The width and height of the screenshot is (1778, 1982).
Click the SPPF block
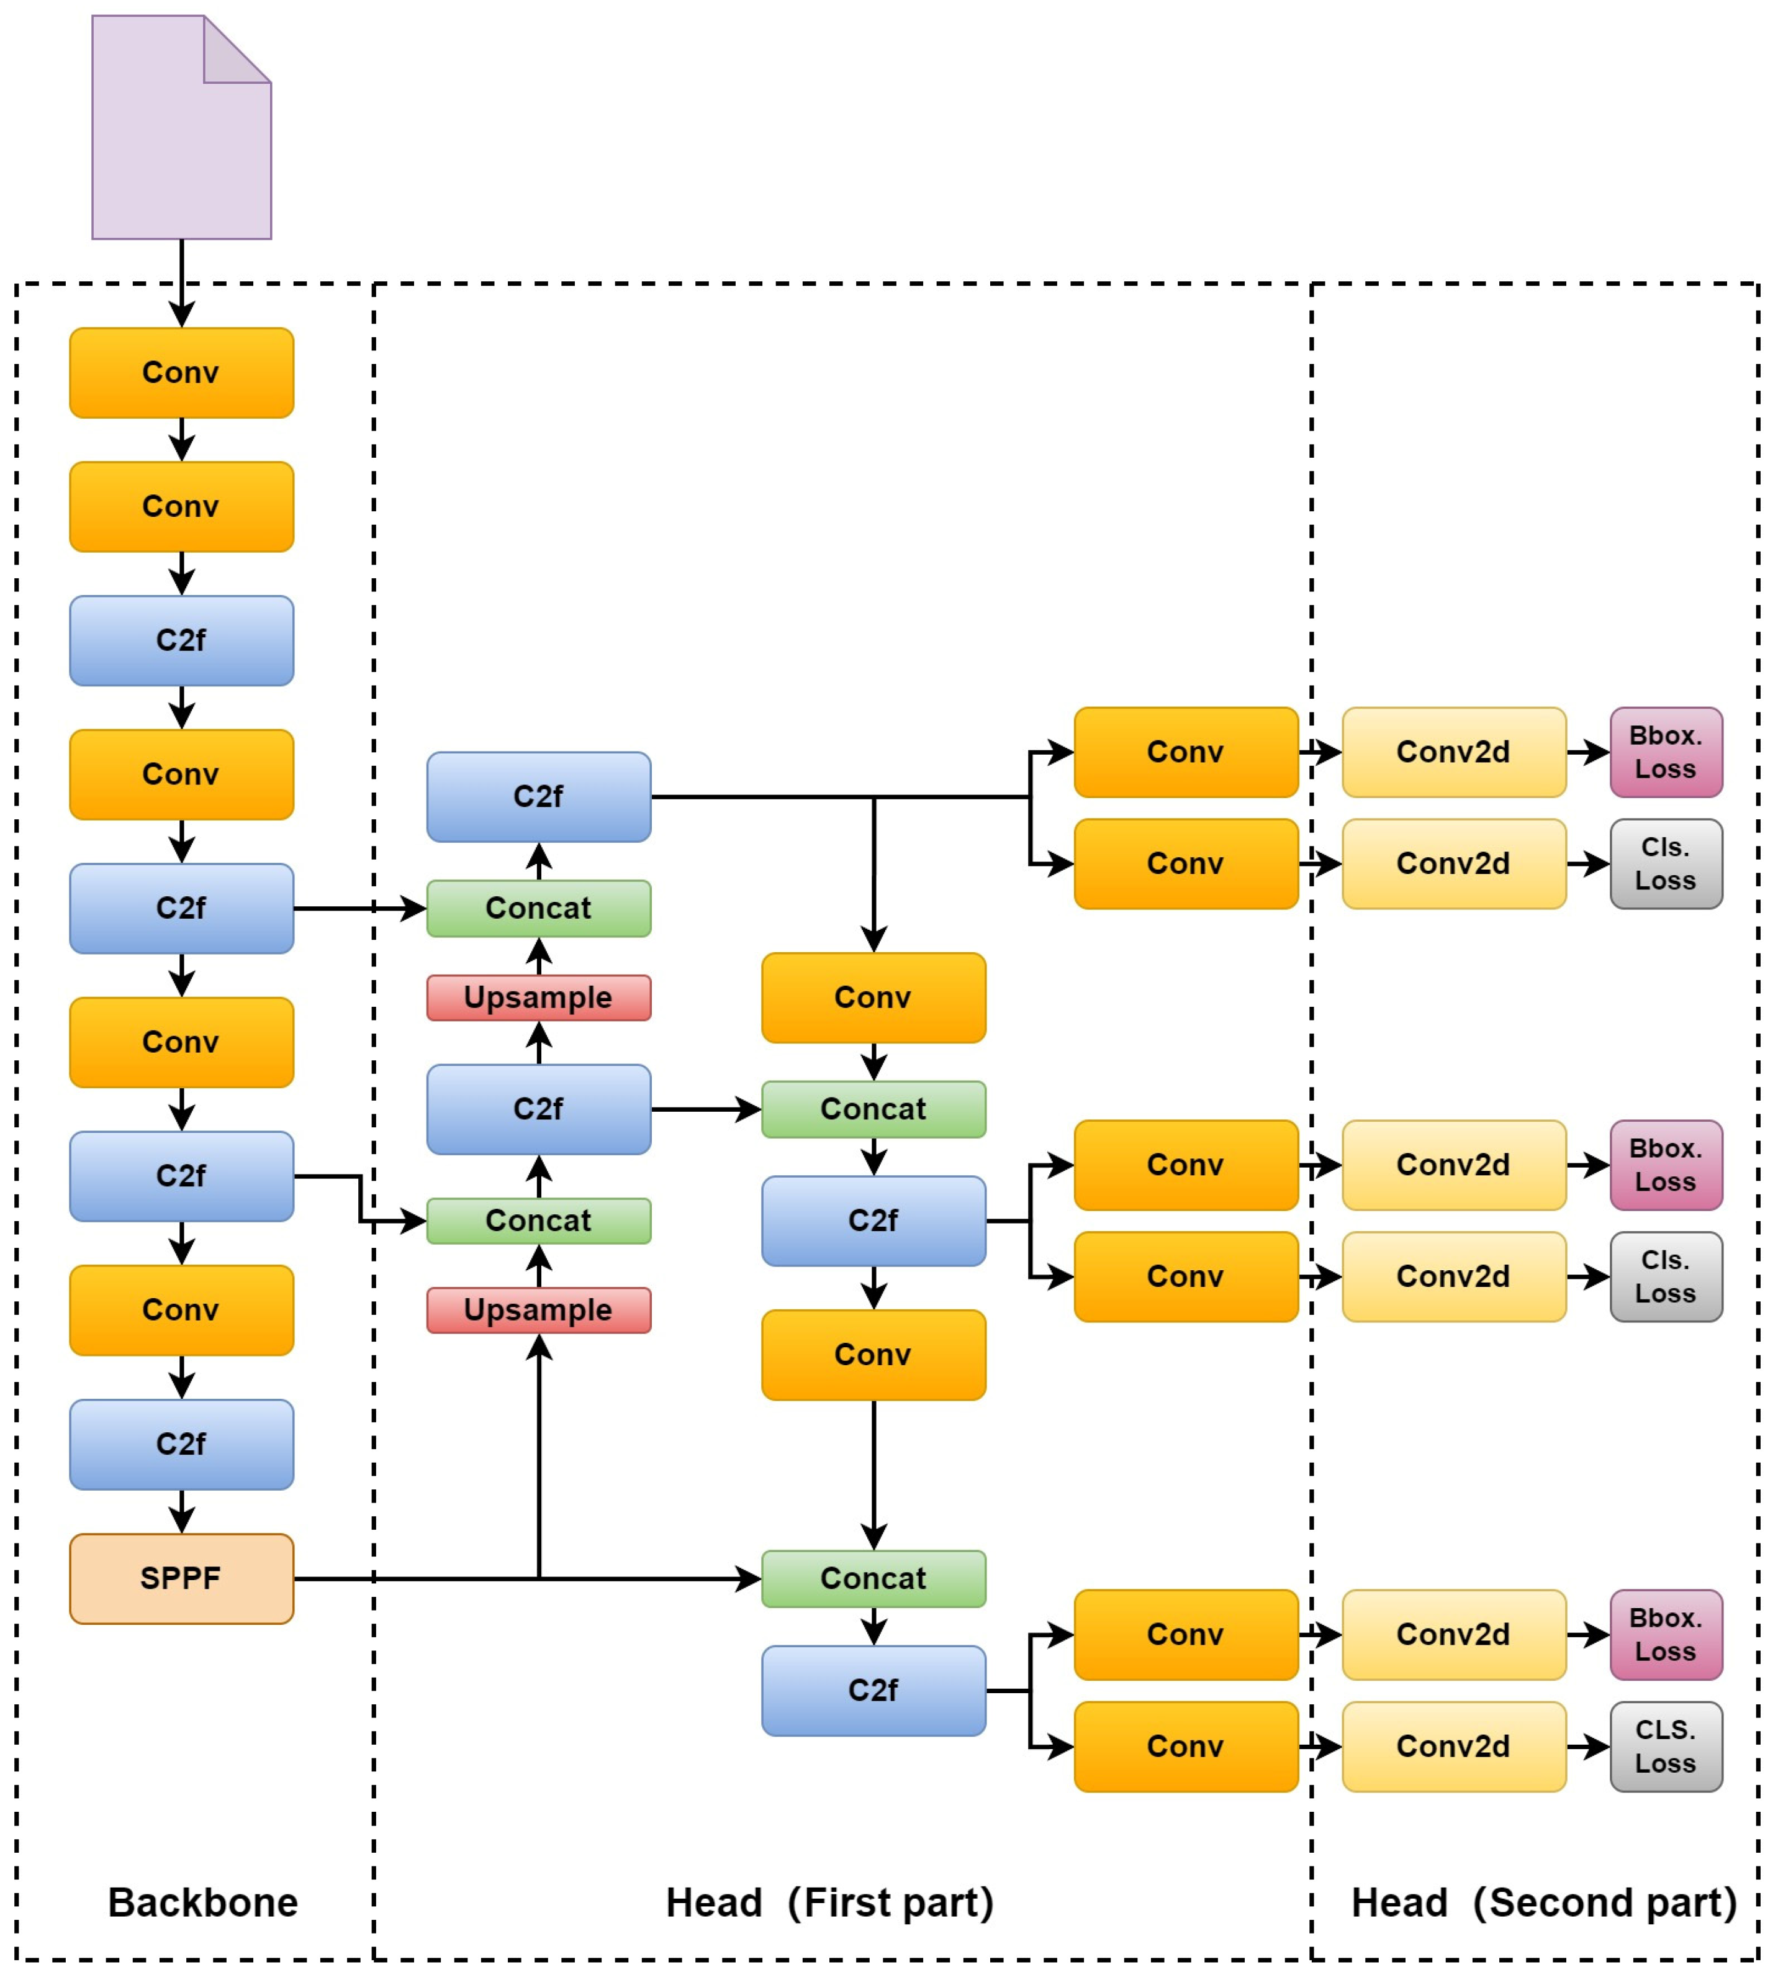[181, 1578]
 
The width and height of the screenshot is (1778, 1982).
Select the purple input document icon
[181, 127]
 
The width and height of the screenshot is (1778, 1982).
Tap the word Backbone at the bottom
[202, 1903]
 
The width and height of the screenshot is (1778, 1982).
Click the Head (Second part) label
[1543, 1903]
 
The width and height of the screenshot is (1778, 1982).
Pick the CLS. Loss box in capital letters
[1666, 1747]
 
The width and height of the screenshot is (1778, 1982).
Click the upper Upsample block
[538, 998]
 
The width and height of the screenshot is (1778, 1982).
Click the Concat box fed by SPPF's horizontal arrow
[873, 1578]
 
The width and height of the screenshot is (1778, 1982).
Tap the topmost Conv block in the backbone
[181, 372]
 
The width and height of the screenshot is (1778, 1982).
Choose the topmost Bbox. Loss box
[1666, 752]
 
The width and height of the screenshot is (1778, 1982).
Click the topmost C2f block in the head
[538, 796]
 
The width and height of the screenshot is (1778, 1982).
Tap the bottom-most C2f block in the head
[873, 1691]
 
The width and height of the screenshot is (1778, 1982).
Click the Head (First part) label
[829, 1903]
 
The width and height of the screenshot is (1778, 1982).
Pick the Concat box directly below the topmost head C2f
[538, 908]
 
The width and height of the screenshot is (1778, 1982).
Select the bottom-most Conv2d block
[1454, 1747]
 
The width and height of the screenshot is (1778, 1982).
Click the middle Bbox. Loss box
[1666, 1165]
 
